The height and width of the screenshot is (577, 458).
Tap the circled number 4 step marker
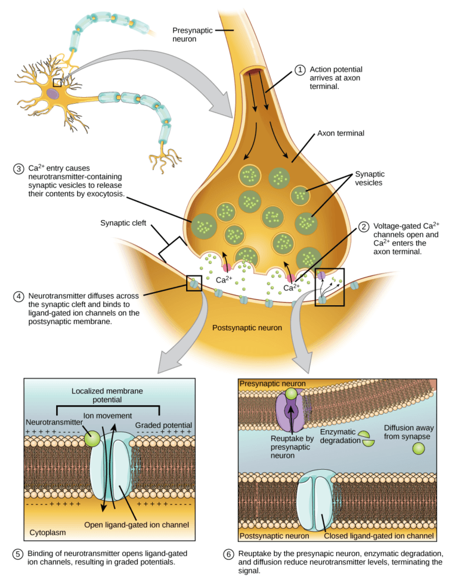(18, 296)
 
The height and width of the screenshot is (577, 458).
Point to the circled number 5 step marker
(18, 554)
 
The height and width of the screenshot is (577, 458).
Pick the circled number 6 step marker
(228, 554)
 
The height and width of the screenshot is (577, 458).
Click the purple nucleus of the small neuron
(54, 94)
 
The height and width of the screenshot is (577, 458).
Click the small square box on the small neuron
(57, 82)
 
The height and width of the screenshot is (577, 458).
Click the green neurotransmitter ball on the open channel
(92, 439)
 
